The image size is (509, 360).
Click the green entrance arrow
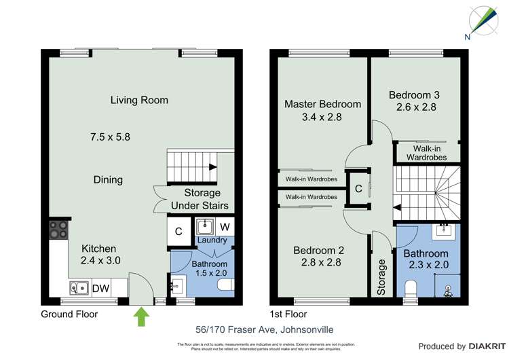coord(141,316)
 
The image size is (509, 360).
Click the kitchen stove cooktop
coord(58,230)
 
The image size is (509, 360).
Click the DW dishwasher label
coord(100,288)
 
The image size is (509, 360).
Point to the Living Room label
coord(139,101)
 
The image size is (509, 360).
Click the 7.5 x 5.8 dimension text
coord(110,137)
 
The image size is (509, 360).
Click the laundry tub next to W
coord(205,227)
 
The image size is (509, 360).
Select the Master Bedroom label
coord(322,104)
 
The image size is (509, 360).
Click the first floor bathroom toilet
coord(409,290)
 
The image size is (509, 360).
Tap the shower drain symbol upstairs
coord(447,289)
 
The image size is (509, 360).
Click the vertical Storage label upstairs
coord(382,276)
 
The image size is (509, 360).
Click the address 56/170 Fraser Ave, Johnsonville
coord(255,331)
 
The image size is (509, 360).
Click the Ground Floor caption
coord(69,314)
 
